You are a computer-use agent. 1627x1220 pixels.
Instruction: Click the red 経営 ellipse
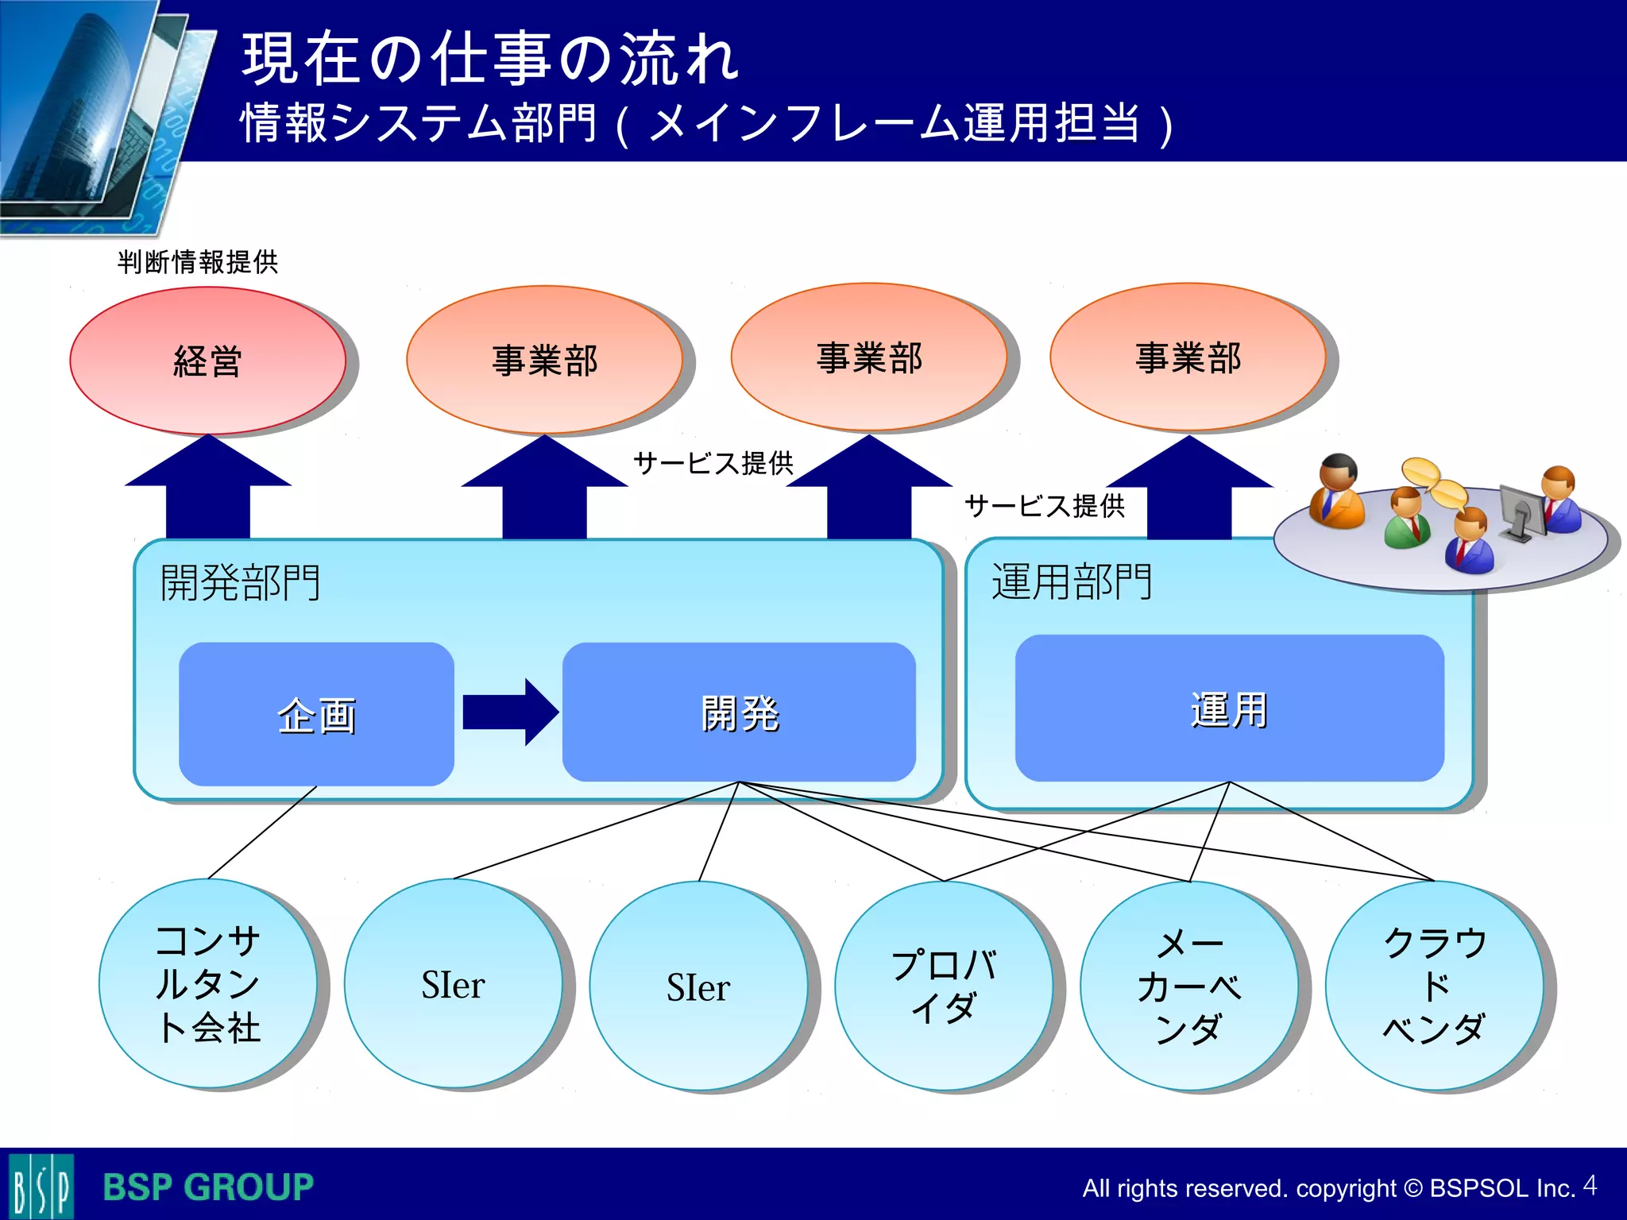pyautogui.click(x=207, y=361)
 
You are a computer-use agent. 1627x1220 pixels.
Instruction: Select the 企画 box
pyautogui.click(x=316, y=714)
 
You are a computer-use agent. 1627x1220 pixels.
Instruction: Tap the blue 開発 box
pyautogui.click(x=739, y=712)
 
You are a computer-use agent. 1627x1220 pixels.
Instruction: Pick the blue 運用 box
pyautogui.click(x=1229, y=708)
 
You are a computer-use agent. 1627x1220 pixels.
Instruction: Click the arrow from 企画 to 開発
pyautogui.click(x=509, y=712)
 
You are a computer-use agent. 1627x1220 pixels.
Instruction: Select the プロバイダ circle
pyautogui.click(x=943, y=986)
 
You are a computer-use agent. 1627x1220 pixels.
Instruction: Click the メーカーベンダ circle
pyautogui.click(x=1188, y=986)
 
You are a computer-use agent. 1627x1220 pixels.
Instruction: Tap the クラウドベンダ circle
pyautogui.click(x=1434, y=986)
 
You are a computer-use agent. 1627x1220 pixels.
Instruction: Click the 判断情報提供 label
pyautogui.click(x=198, y=261)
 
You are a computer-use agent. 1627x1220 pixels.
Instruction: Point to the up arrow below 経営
pyautogui.click(x=208, y=488)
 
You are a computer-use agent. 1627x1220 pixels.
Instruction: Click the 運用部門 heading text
pyautogui.click(x=1072, y=581)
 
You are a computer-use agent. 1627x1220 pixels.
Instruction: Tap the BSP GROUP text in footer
pyautogui.click(x=208, y=1187)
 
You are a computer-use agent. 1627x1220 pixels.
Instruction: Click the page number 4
pyautogui.click(x=1589, y=1185)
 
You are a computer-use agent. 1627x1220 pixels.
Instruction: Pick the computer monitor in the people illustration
pyautogui.click(x=1522, y=512)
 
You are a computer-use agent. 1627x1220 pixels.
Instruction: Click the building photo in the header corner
pyautogui.click(x=87, y=111)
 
